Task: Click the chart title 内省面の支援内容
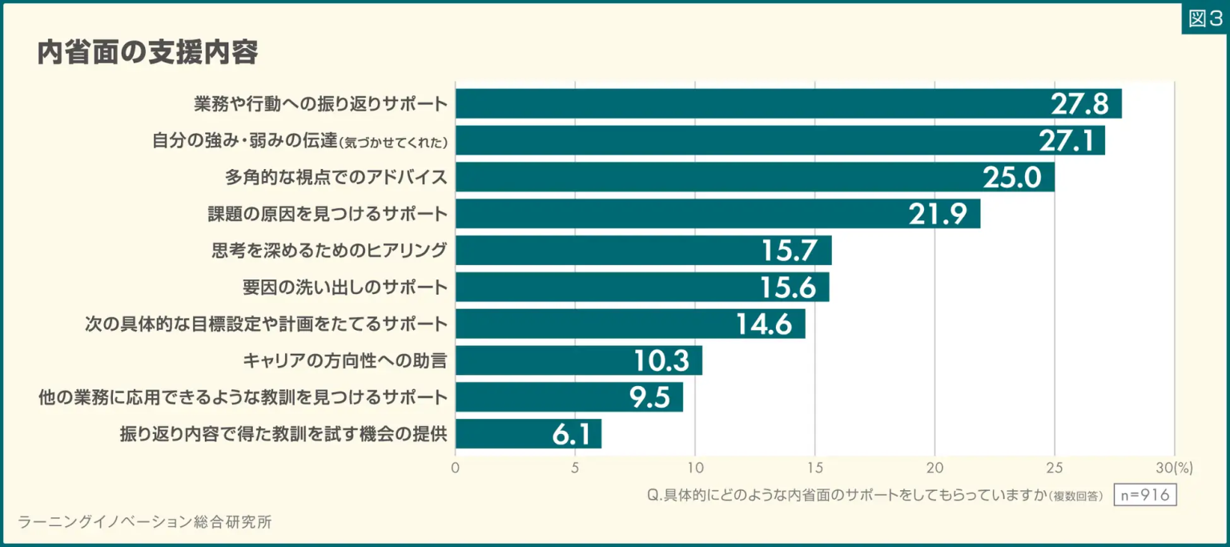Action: coord(147,53)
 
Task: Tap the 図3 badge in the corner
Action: coord(1204,18)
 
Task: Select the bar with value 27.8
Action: coord(788,104)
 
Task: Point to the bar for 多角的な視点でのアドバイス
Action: coord(754,177)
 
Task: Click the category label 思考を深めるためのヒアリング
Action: coord(328,251)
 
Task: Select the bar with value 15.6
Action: coord(642,287)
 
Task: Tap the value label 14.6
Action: coord(764,324)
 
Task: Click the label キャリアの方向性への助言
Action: coord(344,361)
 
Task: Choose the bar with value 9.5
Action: coord(569,397)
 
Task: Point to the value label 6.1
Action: coord(571,434)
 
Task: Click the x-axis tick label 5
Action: coord(575,468)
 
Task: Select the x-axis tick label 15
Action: coord(814,468)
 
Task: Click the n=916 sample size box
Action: coord(1145,496)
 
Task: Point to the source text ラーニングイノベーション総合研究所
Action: coord(145,522)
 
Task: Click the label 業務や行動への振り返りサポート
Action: coord(320,104)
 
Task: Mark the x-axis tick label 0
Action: coord(456,468)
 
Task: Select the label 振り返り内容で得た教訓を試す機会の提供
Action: coord(283,434)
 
